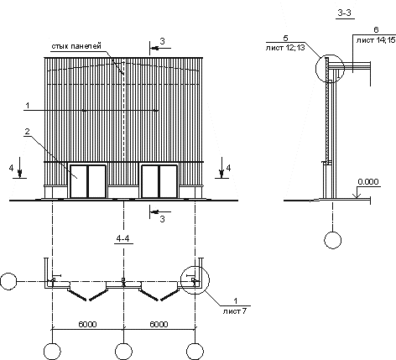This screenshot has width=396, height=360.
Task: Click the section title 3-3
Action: [345, 13]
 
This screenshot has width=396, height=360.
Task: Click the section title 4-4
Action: [123, 238]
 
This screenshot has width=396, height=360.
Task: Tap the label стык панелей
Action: [76, 46]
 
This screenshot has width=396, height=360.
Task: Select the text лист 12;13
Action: [285, 48]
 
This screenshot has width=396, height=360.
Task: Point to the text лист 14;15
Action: [376, 40]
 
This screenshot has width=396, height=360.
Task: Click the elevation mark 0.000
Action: [368, 182]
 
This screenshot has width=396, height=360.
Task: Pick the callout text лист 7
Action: [235, 311]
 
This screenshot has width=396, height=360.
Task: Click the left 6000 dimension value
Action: [87, 324]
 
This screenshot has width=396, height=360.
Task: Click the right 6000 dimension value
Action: [159, 324]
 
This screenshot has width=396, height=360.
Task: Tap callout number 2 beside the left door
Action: [27, 132]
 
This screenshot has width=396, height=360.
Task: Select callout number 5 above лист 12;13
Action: [285, 38]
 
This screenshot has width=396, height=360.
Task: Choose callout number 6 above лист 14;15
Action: [376, 30]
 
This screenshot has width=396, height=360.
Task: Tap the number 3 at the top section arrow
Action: [162, 41]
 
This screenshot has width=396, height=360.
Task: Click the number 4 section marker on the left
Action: [11, 168]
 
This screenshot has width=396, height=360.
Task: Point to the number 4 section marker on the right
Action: [228, 168]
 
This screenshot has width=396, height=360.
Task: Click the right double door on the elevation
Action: [159, 181]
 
